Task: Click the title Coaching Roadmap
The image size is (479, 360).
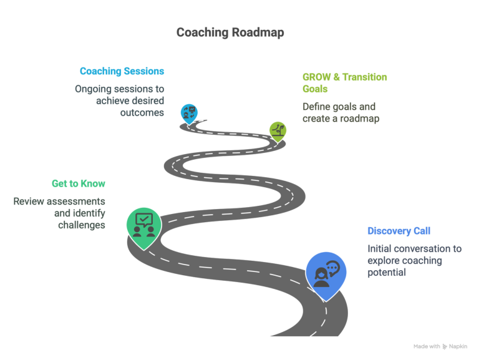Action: coord(230,32)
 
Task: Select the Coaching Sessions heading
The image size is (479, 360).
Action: coord(122,71)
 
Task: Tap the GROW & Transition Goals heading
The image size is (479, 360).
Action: coord(344,83)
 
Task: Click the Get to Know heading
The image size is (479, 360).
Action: coord(79,183)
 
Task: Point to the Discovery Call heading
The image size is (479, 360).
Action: coord(399,231)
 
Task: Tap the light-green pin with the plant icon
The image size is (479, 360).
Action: coord(278,132)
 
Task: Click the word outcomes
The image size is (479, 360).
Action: coord(142,112)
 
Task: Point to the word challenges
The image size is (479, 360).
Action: coord(82,225)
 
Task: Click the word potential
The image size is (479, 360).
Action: coord(387,272)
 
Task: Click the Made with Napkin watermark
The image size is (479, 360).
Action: coord(440,346)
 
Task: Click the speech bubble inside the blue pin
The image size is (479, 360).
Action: coord(333,268)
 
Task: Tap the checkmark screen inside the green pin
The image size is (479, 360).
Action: coord(144,220)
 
